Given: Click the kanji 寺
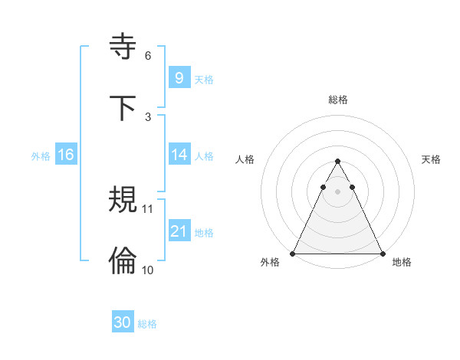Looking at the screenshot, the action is click(123, 47).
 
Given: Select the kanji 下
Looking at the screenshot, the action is click(123, 108).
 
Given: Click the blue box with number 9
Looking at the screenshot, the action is click(179, 78).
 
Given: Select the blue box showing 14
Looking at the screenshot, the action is click(179, 155).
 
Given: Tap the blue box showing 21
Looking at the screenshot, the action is click(179, 231).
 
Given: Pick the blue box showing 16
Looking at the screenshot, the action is click(65, 155).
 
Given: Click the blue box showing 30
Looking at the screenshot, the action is click(123, 322).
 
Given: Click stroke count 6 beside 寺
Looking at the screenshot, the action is click(148, 56).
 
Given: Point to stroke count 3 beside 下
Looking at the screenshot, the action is click(148, 117).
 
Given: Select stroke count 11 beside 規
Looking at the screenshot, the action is click(148, 208).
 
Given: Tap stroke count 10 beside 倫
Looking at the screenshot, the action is click(148, 270).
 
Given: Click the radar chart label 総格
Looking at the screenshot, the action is click(337, 100).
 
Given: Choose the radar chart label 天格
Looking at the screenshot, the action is click(431, 159).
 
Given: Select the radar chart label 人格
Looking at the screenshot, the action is click(245, 159).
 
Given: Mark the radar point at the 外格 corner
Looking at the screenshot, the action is click(293, 253).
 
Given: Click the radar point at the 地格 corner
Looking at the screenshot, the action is click(382, 253).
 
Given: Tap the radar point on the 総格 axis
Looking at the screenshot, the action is click(337, 162).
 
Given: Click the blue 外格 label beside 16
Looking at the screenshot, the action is click(41, 155).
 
